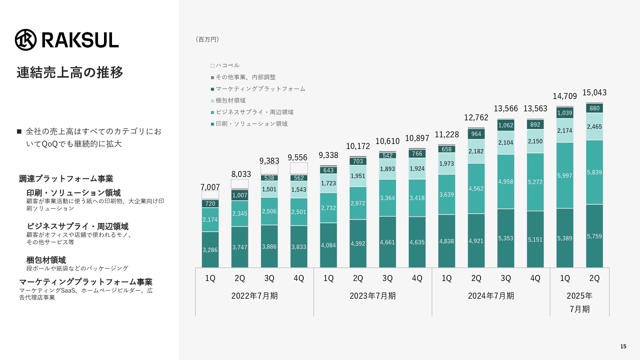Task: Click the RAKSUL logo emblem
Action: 26,40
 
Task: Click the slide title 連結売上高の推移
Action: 70,72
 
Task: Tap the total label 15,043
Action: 594,93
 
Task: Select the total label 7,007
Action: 210,187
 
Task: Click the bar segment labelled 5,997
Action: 565,175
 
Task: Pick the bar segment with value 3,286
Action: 210,250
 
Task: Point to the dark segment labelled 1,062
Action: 506,125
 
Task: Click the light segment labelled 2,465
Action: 594,127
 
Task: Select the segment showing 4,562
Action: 476,189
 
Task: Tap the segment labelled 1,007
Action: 240,195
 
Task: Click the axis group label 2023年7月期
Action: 373,296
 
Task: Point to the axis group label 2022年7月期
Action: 254,296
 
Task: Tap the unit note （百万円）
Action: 207,39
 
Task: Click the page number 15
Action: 623,347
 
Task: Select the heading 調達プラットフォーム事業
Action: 66,179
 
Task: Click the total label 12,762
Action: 476,118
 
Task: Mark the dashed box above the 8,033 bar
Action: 240,184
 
